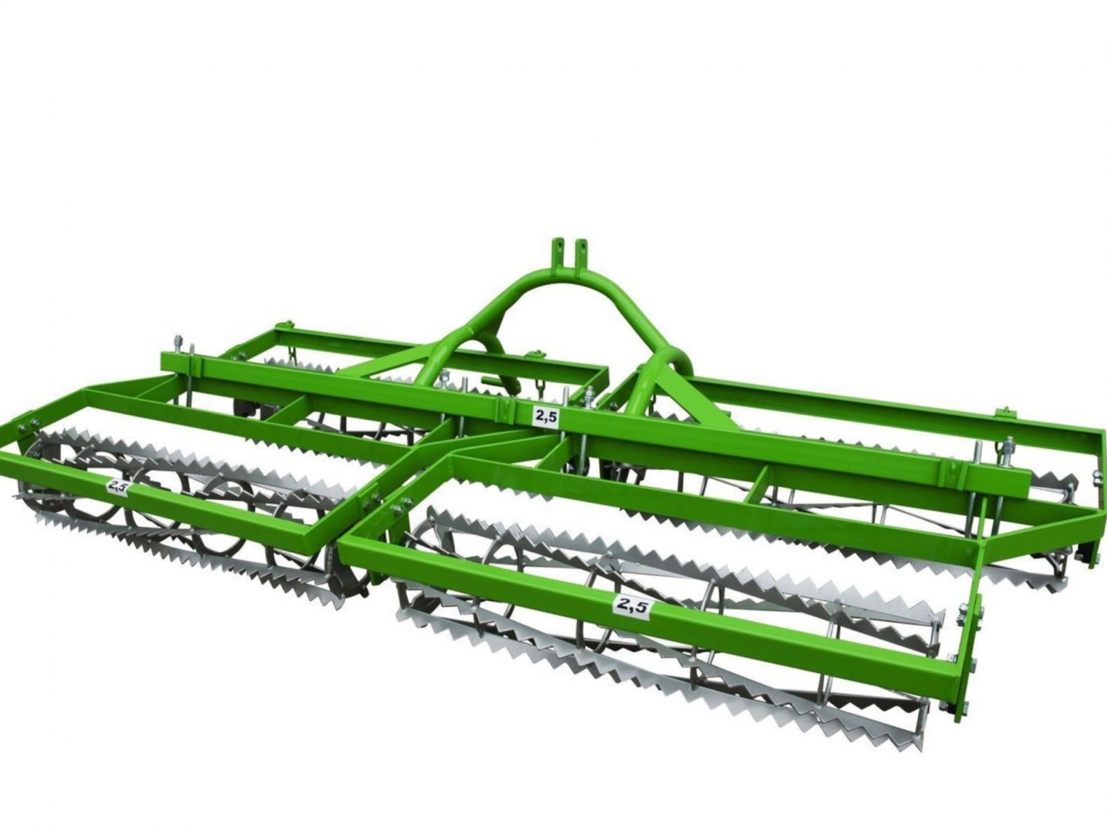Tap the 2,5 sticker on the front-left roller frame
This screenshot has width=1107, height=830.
pos(118,487)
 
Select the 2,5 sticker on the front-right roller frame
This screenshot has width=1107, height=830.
pos(631,605)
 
